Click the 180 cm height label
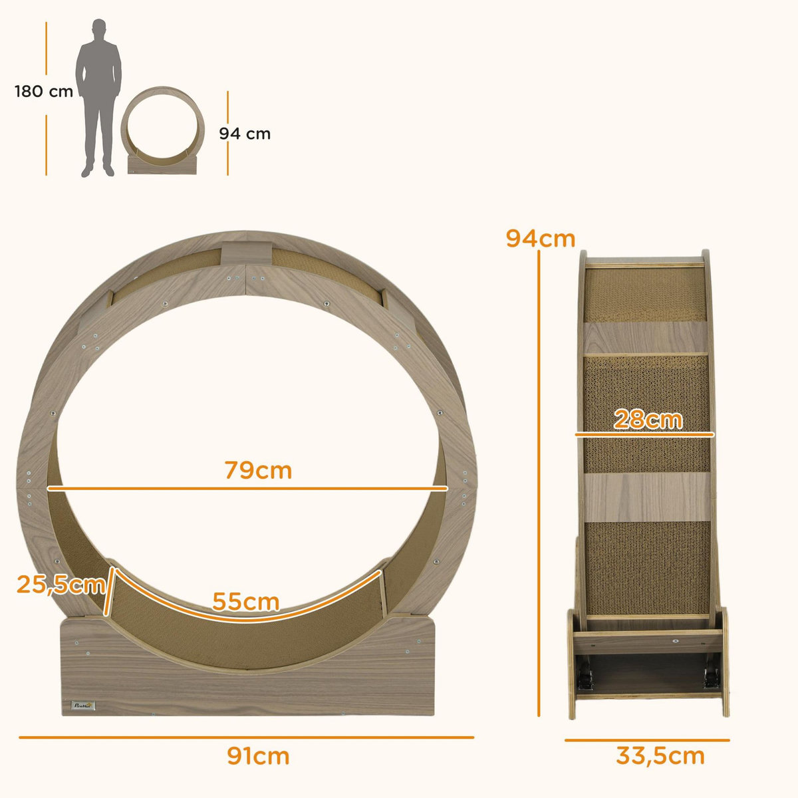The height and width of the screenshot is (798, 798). click(44, 92)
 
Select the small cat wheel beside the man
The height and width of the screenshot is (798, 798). click(162, 130)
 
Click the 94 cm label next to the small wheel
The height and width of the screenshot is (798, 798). click(245, 134)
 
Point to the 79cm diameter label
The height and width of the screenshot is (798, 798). click(258, 470)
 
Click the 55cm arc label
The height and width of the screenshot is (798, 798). click(246, 602)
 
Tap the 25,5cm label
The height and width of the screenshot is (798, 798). click(61, 585)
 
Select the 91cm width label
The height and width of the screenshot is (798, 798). click(258, 756)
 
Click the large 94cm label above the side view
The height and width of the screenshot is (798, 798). click(540, 238)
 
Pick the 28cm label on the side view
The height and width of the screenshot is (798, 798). click(647, 420)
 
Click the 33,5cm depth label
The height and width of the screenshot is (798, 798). click(660, 756)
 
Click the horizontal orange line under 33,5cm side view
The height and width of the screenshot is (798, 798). click(646, 739)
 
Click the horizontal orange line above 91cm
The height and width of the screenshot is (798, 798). click(246, 737)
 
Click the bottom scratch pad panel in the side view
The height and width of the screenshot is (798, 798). click(645, 565)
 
